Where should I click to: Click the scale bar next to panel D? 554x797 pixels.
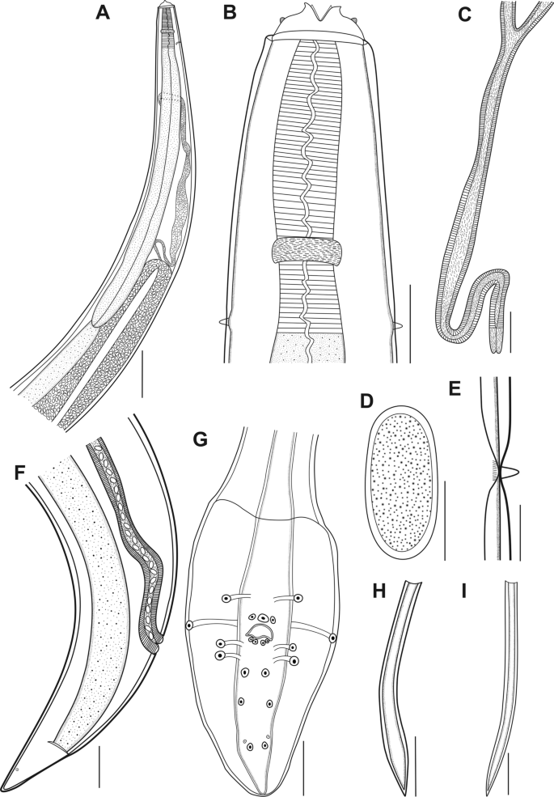445,518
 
